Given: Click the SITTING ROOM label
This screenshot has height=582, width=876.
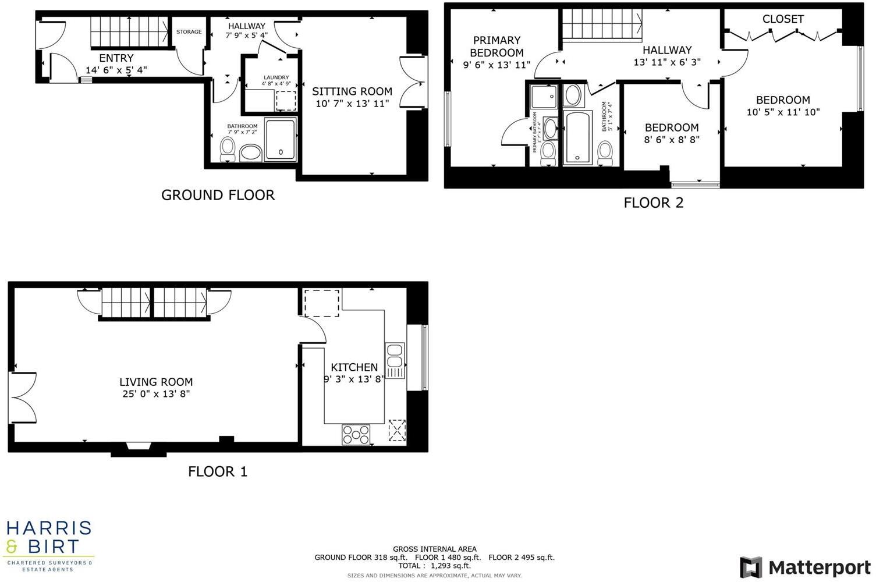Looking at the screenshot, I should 352,91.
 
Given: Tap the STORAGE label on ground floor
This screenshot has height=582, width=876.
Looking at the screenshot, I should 189,32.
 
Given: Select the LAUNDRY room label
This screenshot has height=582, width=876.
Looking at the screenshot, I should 276,77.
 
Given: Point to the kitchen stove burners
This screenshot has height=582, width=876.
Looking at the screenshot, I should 356,434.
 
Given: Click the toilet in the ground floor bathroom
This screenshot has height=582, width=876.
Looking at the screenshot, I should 228,150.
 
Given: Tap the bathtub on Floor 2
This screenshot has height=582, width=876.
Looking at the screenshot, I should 577,137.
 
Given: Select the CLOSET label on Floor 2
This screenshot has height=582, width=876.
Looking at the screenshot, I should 783,19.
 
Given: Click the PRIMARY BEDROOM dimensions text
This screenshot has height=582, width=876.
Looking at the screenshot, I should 496,65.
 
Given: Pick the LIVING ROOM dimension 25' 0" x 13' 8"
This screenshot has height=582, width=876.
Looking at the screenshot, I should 156,394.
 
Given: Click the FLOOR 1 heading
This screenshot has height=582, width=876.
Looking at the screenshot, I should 218,471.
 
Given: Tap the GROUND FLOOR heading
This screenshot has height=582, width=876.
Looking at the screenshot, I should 218,195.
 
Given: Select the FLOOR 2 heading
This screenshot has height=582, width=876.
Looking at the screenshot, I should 653,203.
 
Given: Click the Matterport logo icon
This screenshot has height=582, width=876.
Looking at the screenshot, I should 751,567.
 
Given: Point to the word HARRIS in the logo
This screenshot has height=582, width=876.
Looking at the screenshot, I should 49,528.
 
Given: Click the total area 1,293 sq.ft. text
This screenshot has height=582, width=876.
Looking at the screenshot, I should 434,566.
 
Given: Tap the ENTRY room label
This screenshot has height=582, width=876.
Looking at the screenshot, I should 116,58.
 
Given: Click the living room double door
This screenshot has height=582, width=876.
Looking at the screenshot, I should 23,398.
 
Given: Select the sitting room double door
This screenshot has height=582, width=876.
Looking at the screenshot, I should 413,82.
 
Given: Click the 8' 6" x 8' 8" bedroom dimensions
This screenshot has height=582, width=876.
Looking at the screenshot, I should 672,140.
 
